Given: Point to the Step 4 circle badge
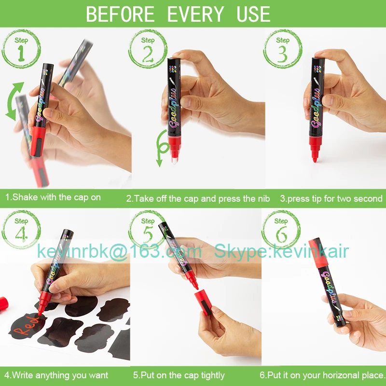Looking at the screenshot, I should point(21,230).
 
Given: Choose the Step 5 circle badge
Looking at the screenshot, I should point(148,230).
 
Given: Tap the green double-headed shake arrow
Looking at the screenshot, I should point(14,100).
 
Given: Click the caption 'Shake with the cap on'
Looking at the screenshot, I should point(53,197).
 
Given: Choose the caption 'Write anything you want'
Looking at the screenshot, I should point(56,375).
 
